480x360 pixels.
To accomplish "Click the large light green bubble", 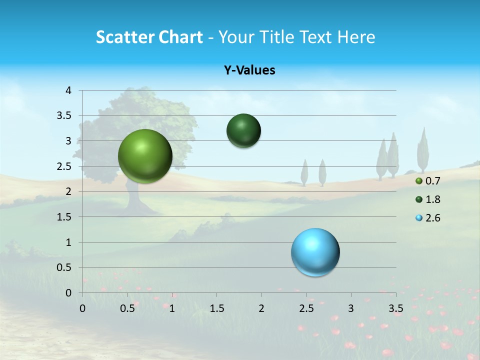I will tap(145, 156).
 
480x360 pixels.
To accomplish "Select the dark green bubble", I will tap(243, 131).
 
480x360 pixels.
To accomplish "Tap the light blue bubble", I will tap(315, 252).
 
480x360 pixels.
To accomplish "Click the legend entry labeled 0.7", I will tap(432, 181).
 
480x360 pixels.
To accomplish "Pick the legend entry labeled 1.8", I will tap(432, 199).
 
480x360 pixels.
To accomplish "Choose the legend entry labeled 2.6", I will tap(432, 218).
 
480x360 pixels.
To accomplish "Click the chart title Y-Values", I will tap(249, 70).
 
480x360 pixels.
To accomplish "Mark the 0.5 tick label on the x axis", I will tap(127, 308).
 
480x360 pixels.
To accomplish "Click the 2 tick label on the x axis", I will tap(261, 308).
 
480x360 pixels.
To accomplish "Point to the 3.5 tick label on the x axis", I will tap(395, 308).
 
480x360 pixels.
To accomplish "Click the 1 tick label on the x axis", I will tap(172, 308).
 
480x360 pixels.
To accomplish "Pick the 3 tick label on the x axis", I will tap(351, 308).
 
